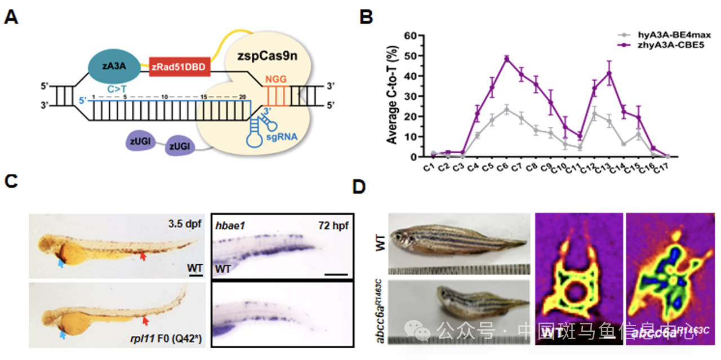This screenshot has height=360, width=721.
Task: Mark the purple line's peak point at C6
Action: pyautogui.click(x=507, y=59)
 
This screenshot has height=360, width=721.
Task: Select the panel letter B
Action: pyautogui.click(x=366, y=17)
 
